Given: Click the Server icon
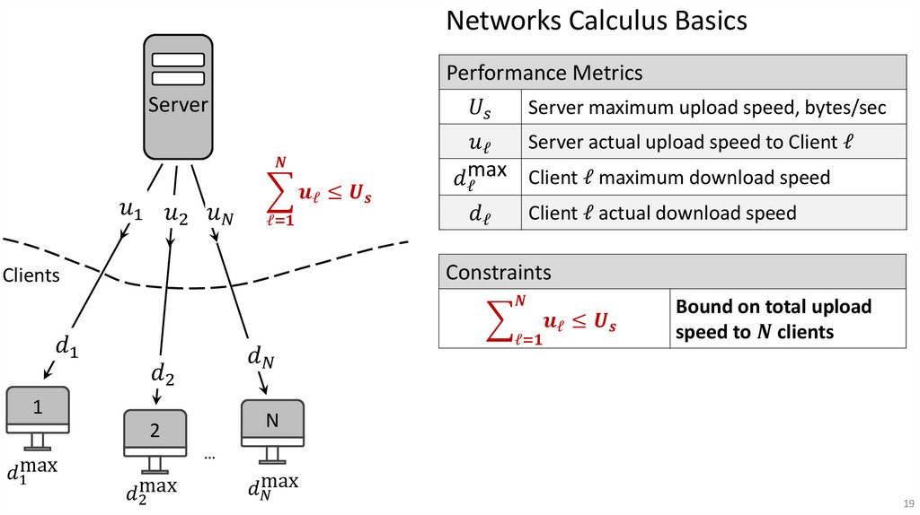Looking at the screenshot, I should pos(178,97).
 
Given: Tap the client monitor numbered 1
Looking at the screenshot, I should pos(38,408).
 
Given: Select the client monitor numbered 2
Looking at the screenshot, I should pos(155,431).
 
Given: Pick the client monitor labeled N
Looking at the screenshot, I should pos(272,421).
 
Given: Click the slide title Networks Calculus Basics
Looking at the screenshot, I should pos(597,21).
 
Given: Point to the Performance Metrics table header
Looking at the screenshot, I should pos(672,73).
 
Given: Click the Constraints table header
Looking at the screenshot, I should pos(672,272).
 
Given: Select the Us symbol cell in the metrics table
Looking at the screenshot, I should pos(480,108).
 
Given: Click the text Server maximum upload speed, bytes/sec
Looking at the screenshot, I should pos(707,108).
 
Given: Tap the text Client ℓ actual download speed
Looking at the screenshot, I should pos(662,214).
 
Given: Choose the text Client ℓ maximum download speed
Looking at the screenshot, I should pos(679,178).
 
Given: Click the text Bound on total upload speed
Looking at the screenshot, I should pos(774,319).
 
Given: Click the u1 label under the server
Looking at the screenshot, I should pos(130,212).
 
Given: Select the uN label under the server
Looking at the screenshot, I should pos(221,214).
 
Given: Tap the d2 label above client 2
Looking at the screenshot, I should pos(163,373).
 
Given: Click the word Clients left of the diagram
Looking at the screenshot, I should pos(31,275).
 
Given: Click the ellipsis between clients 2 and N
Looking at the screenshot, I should pos(209,457).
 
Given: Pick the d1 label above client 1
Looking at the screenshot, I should pos(66,345).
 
